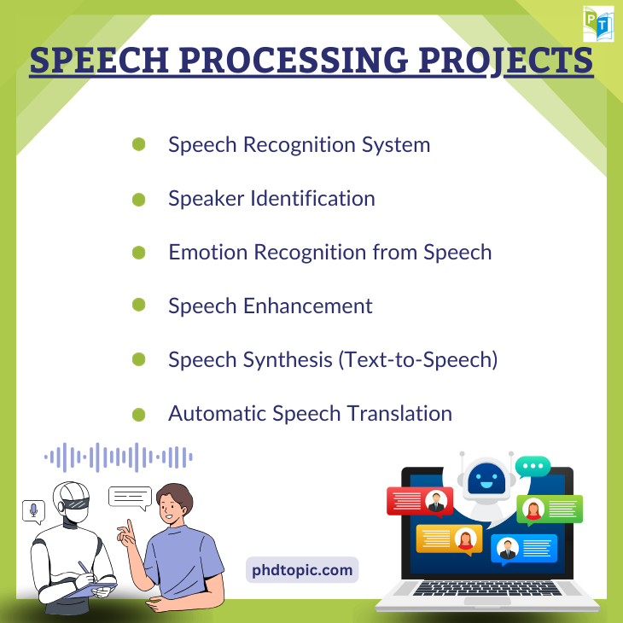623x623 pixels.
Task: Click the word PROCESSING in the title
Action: click(x=294, y=60)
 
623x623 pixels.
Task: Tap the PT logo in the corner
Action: click(x=598, y=23)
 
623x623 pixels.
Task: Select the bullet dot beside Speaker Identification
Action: click(x=138, y=199)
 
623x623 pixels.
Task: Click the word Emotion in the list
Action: click(x=207, y=253)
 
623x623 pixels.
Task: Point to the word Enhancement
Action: click(x=307, y=306)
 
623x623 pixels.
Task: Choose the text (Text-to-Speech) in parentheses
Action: click(x=417, y=360)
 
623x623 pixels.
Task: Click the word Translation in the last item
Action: click(x=399, y=414)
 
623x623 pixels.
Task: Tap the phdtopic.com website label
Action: click(x=302, y=570)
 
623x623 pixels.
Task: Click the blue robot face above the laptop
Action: click(x=486, y=479)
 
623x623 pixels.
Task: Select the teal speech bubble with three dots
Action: click(x=533, y=467)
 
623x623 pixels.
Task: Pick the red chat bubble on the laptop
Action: click(x=420, y=502)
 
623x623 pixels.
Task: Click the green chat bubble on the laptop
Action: click(x=550, y=509)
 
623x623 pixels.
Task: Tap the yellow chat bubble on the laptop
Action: click(x=449, y=539)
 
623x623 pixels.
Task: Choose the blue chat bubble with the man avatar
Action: click(x=524, y=549)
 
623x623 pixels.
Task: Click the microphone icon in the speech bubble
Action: click(x=34, y=510)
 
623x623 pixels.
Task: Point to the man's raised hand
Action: click(x=127, y=533)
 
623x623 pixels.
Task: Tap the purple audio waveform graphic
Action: click(x=119, y=457)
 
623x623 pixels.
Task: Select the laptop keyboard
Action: click(x=487, y=588)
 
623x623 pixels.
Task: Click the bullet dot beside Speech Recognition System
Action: click(x=138, y=144)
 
